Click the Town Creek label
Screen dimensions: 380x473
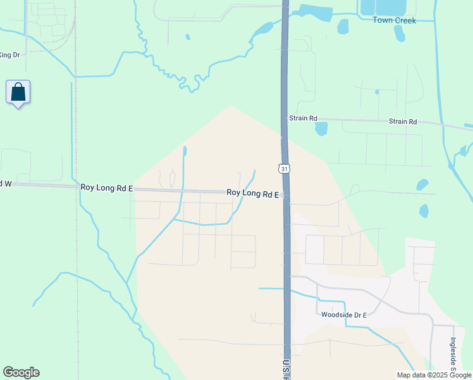tap(393, 20)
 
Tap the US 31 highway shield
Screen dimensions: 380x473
tap(285, 168)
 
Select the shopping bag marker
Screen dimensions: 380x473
tap(18, 92)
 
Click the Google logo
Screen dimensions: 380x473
tap(21, 372)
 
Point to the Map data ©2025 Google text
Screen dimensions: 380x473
tap(434, 375)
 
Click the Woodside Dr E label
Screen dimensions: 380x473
tap(344, 314)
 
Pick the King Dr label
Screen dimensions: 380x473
tap(9, 55)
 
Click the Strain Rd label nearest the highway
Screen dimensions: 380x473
tap(303, 118)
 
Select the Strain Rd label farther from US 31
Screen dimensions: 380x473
tap(403, 122)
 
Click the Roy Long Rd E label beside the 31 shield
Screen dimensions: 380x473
tap(252, 193)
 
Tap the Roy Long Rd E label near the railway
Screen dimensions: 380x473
tap(106, 188)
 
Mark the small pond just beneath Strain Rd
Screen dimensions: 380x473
tap(321, 129)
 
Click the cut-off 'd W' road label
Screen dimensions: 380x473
tap(6, 184)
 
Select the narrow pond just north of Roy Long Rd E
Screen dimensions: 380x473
tap(185, 152)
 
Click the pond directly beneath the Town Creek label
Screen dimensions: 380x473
tap(399, 34)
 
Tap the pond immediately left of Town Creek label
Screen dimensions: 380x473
tap(343, 26)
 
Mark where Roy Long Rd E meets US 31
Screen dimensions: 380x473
tap(286, 195)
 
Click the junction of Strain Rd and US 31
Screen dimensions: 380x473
tap(285, 118)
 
